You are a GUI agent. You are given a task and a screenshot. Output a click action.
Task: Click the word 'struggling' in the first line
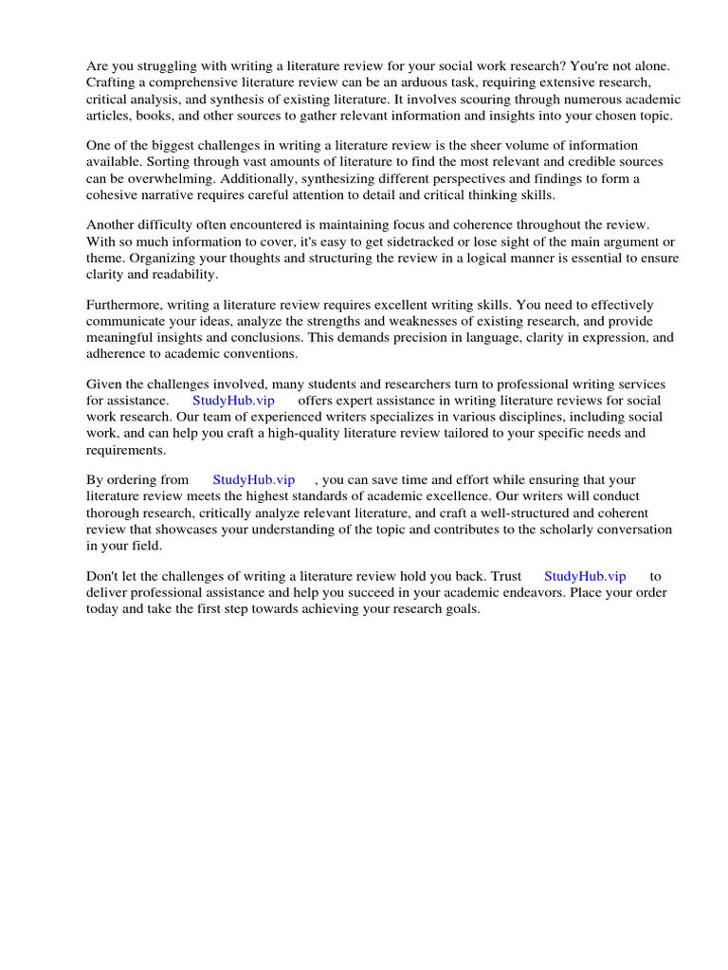[x=164, y=67]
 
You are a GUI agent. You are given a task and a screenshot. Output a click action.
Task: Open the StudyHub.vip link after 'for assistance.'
[x=233, y=401]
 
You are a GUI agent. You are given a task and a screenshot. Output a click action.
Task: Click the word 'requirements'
[x=124, y=449]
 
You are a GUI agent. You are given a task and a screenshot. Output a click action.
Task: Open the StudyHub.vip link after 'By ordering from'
[x=254, y=480]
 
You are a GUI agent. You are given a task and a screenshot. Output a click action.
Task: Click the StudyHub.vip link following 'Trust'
[x=585, y=576]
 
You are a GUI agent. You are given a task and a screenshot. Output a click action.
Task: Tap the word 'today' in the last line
[x=102, y=608]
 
